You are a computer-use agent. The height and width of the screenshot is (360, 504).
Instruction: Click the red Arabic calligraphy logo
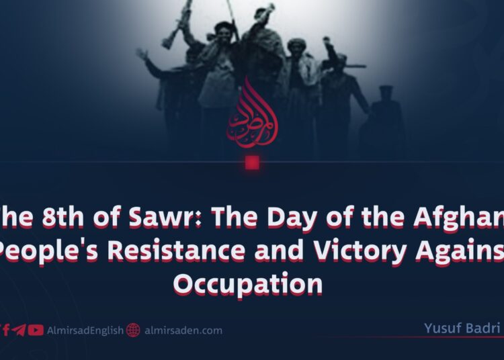[x=252, y=114]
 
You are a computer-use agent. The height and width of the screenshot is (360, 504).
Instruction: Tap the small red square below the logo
[x=252, y=162]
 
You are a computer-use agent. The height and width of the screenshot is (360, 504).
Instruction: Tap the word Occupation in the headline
[x=248, y=283]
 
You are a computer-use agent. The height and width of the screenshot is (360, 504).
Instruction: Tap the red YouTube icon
[x=36, y=330]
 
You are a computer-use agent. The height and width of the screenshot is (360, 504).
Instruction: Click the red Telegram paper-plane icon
[x=19, y=330]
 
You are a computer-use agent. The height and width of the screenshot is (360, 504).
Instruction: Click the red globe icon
[x=133, y=330]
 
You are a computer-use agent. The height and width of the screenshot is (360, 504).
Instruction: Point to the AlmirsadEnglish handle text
[x=85, y=330]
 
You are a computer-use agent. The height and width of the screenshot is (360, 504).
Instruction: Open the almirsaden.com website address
[x=183, y=330]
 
